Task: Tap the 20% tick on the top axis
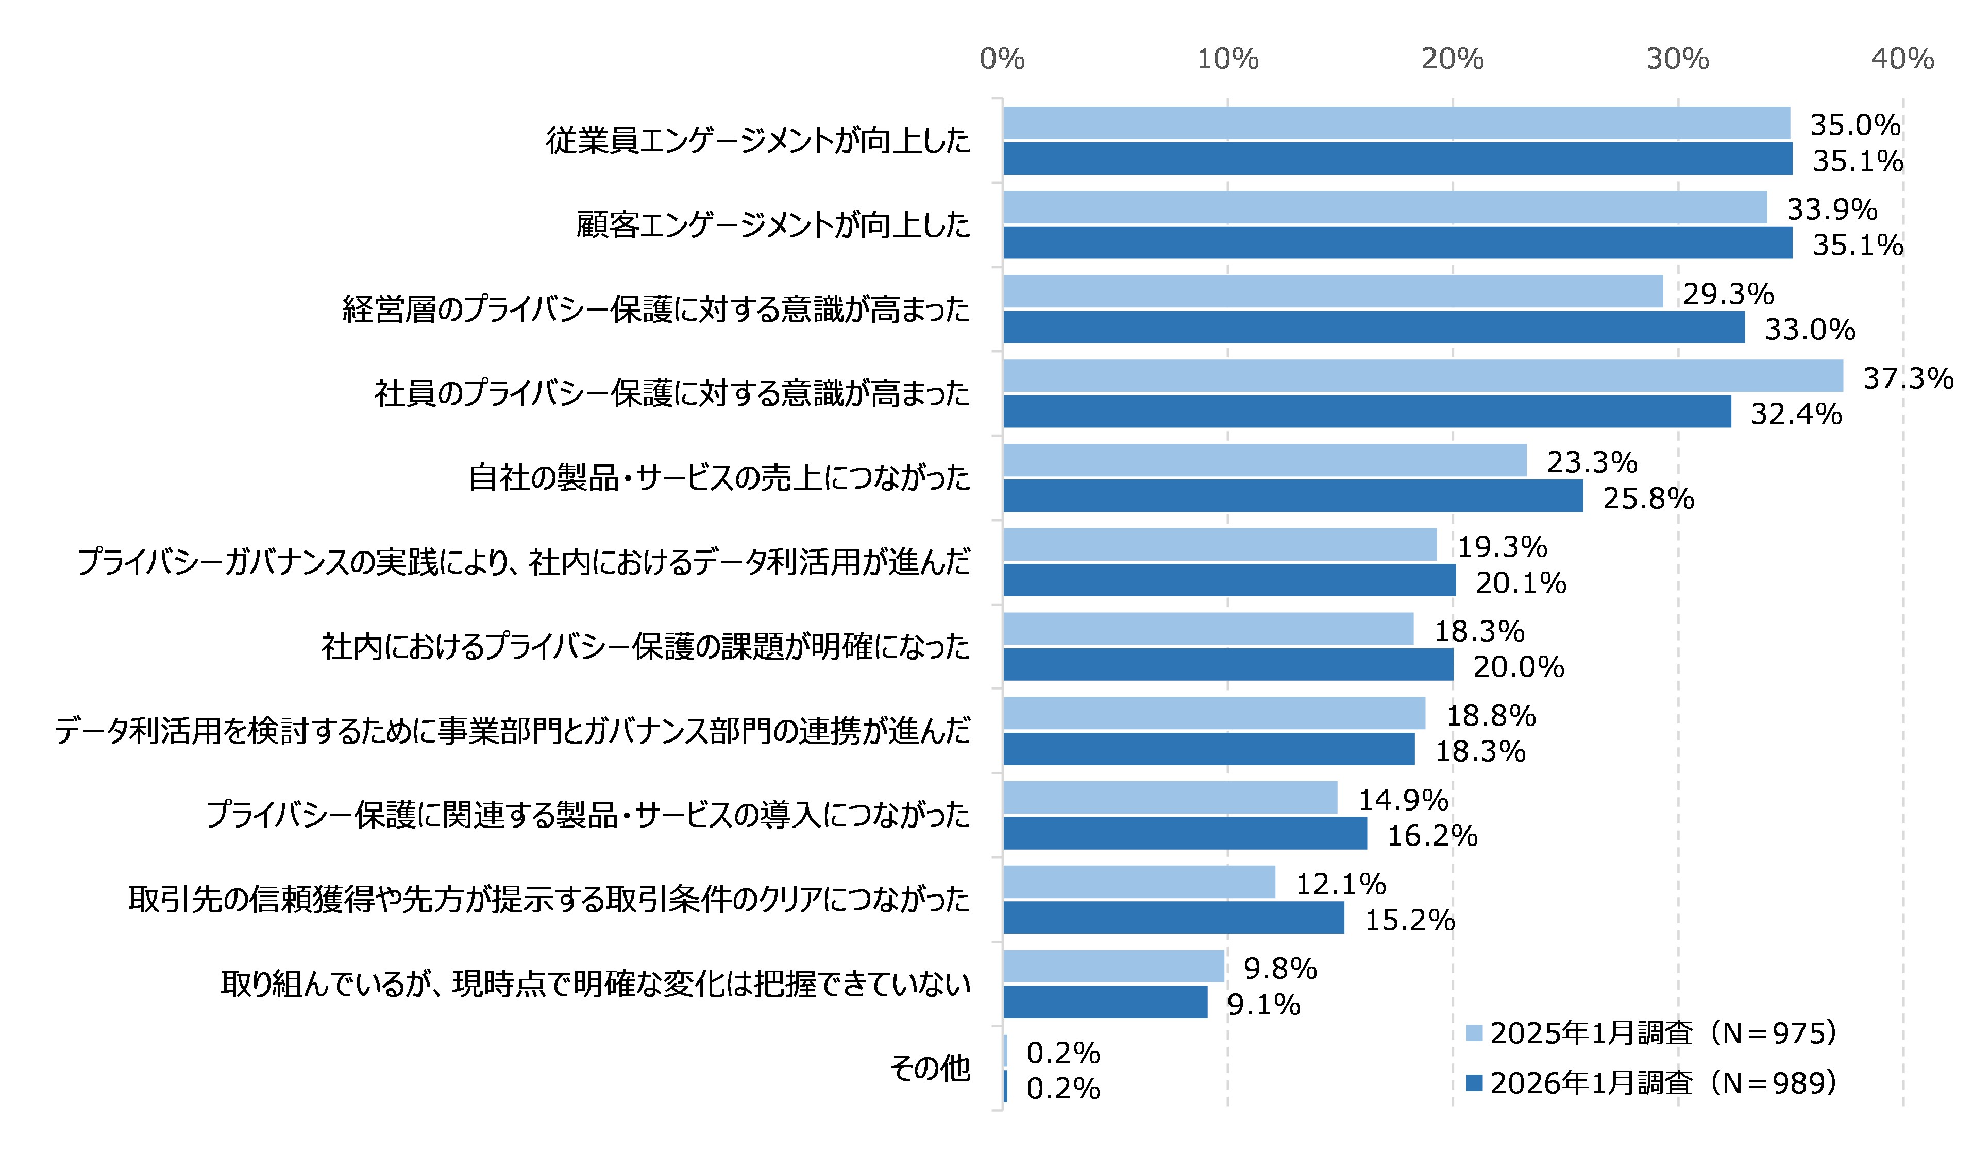click(x=1453, y=59)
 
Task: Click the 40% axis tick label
click(x=1902, y=59)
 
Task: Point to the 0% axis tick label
click(x=1002, y=59)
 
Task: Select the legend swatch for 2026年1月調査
click(x=1474, y=1083)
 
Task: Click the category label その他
click(x=930, y=1068)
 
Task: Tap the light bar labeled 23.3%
click(x=1264, y=460)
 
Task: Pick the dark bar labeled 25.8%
click(x=1293, y=496)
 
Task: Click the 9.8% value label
click(x=1280, y=969)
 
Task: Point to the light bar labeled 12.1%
click(x=1139, y=882)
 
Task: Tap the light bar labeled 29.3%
click(x=1333, y=291)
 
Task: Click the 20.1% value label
click(x=1521, y=583)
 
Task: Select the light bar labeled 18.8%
click(x=1213, y=713)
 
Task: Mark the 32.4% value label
click(x=1796, y=414)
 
